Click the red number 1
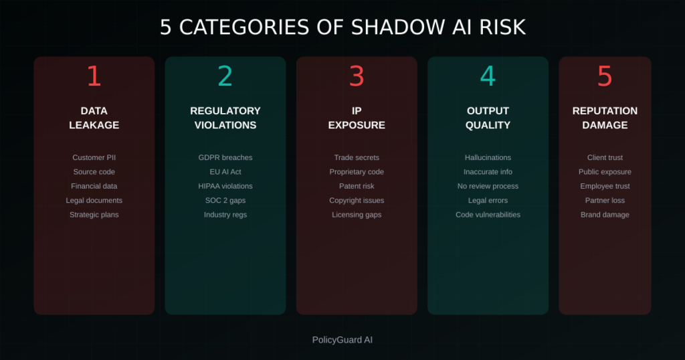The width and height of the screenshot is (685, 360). coord(94,76)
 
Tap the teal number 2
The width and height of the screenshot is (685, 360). coord(225,76)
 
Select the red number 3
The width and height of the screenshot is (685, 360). coord(357,76)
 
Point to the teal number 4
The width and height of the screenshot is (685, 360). coord(488,76)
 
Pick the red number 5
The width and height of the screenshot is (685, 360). coord(605,76)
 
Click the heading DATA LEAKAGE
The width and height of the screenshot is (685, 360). coord(94,118)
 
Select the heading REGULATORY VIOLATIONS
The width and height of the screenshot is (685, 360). coord(225,118)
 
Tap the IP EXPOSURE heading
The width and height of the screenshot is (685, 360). coord(357,118)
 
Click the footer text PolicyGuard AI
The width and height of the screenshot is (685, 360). coord(342,340)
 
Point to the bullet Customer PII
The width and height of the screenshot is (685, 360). coord(94,158)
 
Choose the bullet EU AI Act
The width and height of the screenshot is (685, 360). coord(225,172)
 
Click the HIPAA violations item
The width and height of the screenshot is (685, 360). coord(225,186)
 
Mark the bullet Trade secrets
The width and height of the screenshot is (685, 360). coord(357,158)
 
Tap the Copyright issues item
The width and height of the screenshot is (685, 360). coord(357,201)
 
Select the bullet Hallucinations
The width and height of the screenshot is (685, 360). coord(488,158)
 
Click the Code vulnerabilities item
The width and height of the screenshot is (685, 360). coord(488,215)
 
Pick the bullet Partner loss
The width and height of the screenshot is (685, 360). coord(605,201)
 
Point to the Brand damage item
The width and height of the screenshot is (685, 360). coord(605,215)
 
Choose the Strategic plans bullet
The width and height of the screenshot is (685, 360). coord(94,215)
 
